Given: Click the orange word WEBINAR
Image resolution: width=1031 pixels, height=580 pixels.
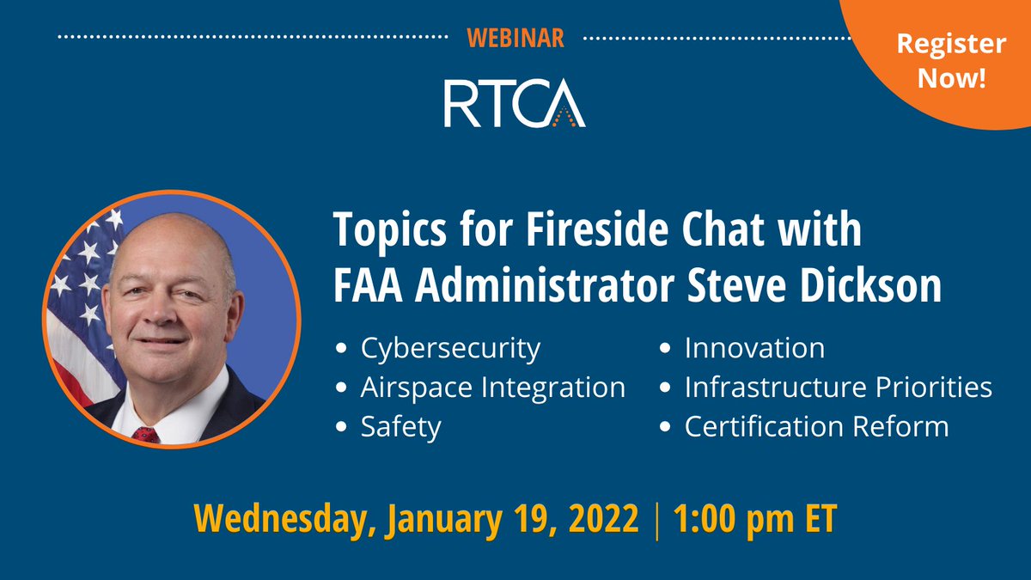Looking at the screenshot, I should (515, 38).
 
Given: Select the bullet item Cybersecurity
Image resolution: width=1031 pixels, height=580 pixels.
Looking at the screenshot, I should (450, 349).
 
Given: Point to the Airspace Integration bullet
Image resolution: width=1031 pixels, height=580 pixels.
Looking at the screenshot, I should (492, 388).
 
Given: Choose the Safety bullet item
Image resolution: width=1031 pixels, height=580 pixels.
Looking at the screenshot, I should (400, 426).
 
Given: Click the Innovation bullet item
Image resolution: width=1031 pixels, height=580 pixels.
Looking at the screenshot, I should (754, 349).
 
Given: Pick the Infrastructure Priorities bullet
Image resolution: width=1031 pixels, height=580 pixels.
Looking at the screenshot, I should (838, 388).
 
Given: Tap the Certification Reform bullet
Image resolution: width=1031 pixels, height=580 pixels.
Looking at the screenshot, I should (816, 426).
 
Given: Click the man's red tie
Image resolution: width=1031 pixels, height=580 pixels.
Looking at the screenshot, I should (145, 434).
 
